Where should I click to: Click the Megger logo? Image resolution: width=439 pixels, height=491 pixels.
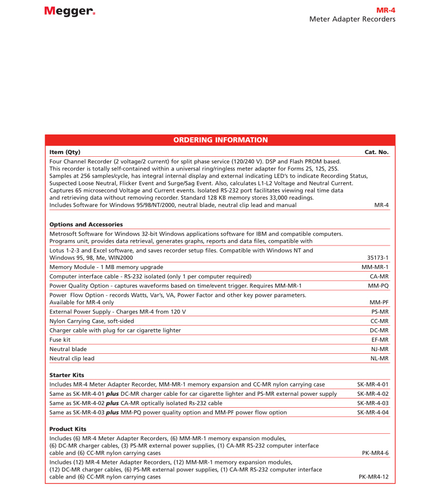tap(70, 11)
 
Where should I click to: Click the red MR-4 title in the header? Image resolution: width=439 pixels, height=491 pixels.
tap(386, 10)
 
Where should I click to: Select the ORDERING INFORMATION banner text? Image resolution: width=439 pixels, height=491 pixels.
tap(220, 140)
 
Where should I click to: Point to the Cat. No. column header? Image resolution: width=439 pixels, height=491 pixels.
tap(376, 152)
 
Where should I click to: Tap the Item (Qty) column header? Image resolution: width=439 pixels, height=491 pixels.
tap(65, 152)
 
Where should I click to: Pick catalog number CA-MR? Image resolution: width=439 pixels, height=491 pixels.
tap(379, 277)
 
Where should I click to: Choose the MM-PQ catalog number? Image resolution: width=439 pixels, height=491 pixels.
tap(378, 285)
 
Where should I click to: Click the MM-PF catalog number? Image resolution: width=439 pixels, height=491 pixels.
tap(378, 302)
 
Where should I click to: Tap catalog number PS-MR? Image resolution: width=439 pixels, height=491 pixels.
tap(380, 311)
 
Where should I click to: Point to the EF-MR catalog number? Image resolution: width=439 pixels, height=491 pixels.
tap(380, 340)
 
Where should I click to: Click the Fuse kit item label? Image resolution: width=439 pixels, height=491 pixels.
tap(60, 340)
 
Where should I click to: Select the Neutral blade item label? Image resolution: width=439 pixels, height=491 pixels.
tap(68, 349)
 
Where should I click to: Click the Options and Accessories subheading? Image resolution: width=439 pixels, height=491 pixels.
tap(86, 224)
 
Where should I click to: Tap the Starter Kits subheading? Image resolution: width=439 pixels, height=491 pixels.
tap(67, 375)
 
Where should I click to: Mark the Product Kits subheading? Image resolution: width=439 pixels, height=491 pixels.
tap(68, 429)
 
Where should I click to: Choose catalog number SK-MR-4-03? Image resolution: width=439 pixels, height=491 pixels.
tap(372, 403)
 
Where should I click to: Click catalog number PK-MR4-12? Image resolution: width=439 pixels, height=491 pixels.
tap(374, 477)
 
